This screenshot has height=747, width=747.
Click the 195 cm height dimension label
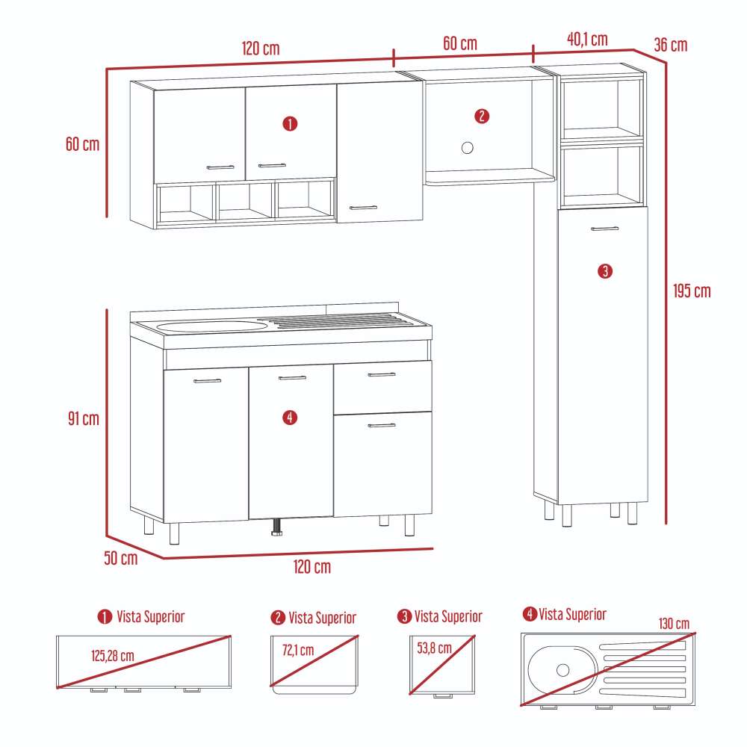click(691, 291)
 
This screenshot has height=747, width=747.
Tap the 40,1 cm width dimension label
click(587, 40)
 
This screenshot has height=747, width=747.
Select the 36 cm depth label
click(670, 45)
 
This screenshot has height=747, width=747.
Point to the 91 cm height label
click(82, 418)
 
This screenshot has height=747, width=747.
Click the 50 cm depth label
click(121, 558)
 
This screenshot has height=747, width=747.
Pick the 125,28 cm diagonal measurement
click(113, 656)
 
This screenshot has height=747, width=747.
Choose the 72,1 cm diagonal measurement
click(297, 650)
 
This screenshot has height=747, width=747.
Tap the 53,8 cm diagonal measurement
click(434, 648)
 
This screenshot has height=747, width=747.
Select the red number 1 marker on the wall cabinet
click(290, 123)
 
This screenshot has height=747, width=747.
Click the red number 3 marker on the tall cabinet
click(605, 270)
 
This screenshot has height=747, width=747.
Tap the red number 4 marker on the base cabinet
click(291, 418)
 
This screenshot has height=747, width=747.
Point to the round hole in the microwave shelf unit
click(468, 147)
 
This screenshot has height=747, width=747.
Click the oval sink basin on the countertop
click(212, 326)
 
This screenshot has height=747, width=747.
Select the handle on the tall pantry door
click(604, 228)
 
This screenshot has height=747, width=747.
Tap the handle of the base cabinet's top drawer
click(382, 375)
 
